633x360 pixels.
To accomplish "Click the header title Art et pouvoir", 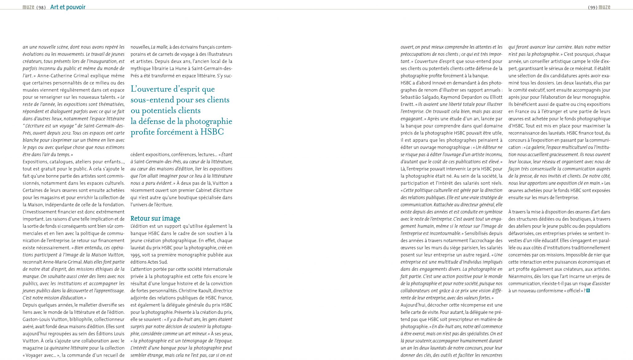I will click(68, 7).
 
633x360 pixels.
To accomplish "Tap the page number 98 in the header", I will click(41, 7).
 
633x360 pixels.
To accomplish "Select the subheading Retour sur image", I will click(155, 218).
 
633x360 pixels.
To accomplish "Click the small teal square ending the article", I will click(588, 290).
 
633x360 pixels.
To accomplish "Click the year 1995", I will click(135, 255).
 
